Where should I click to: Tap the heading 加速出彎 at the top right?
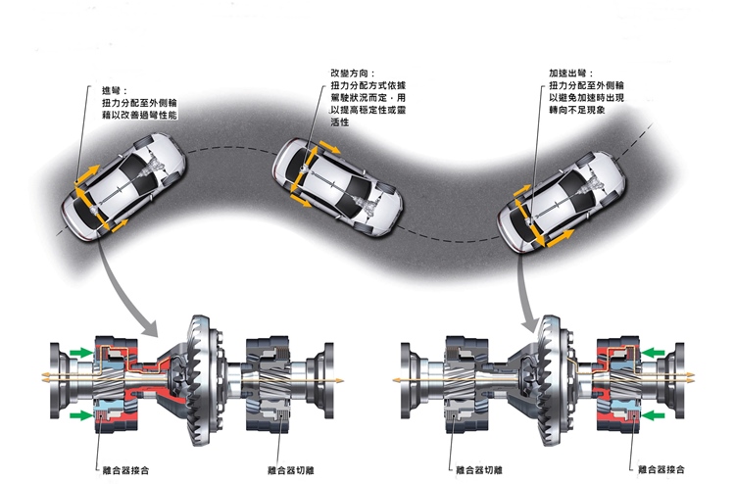click(x=569, y=73)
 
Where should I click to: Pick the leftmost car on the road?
click(x=122, y=186)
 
